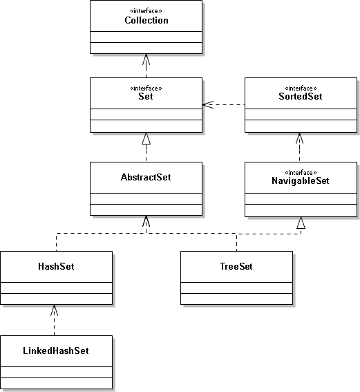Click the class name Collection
pos(146,20)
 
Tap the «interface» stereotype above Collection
pos(146,11)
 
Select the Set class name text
pos(146,96)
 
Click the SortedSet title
pos(301,96)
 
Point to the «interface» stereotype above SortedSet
pos(301,88)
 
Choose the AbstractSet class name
pos(146,177)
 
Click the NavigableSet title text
pos(301,180)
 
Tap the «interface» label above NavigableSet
pos(301,173)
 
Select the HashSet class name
pos(56,266)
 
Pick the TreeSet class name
pos(236,266)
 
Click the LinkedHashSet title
pos(56,351)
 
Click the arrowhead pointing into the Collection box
pos(146,59)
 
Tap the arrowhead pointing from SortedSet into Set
pos(208,105)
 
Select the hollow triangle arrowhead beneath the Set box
pos(146,138)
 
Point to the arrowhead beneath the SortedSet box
pos(300,138)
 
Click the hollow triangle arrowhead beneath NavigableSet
pos(301,223)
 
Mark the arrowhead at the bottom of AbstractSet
pos(146,221)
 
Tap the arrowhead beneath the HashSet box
pos(54,310)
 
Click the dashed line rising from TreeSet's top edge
pos(236,243)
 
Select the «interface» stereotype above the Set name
pos(146,88)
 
